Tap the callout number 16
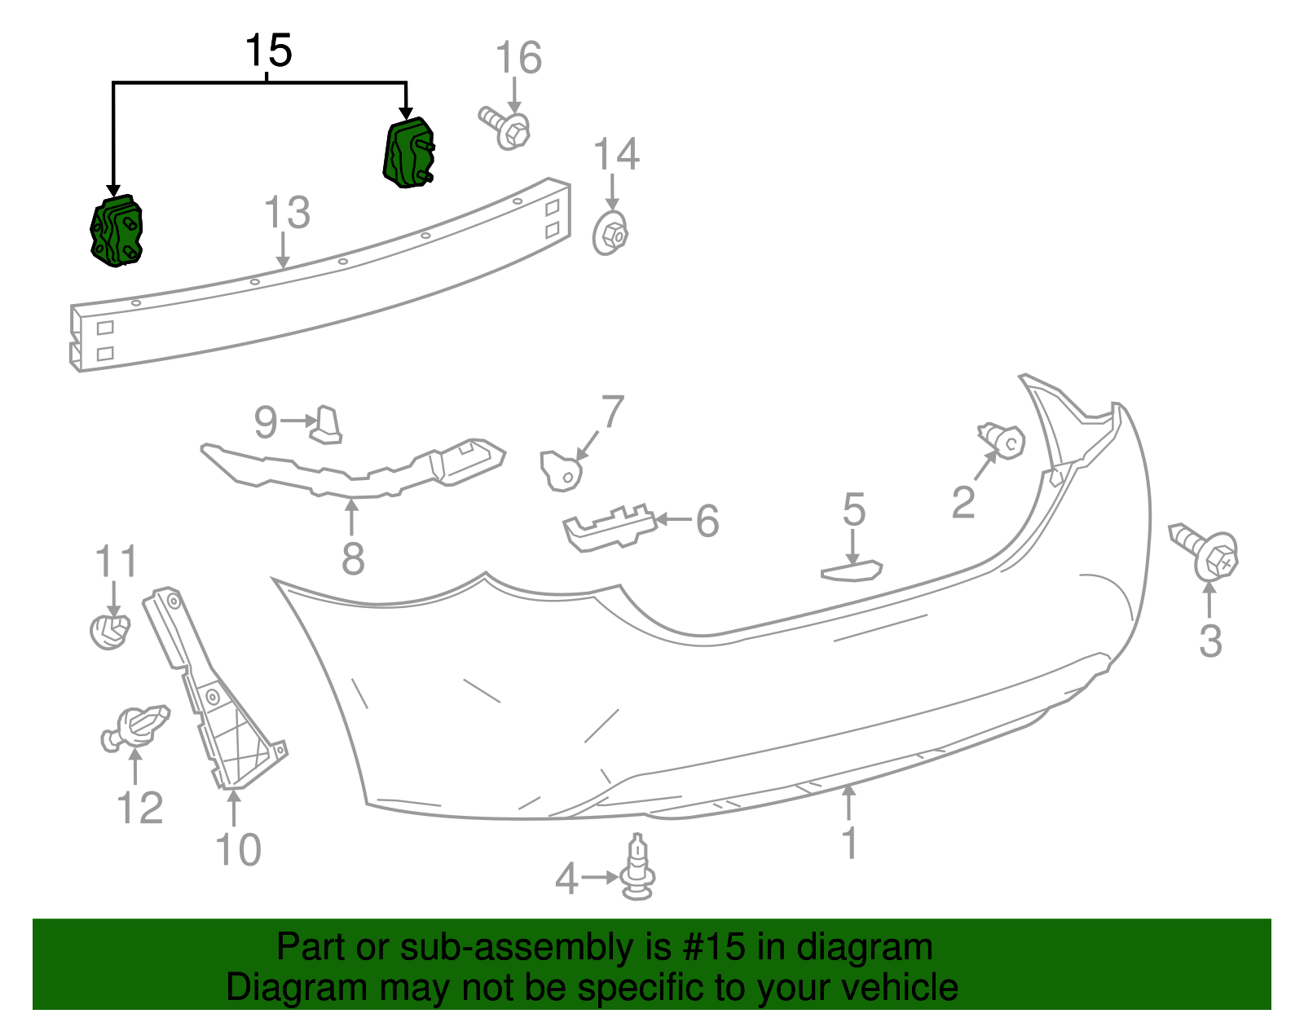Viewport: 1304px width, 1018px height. click(518, 58)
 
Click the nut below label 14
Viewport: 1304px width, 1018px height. click(610, 234)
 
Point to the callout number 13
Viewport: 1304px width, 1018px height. click(287, 213)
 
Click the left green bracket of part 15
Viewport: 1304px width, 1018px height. click(117, 231)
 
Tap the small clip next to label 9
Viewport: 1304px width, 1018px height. click(327, 425)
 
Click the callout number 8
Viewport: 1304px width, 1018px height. click(352, 559)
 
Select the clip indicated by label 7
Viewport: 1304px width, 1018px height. click(562, 470)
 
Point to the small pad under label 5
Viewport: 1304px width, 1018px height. click(852, 571)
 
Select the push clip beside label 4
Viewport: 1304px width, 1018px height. click(637, 870)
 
